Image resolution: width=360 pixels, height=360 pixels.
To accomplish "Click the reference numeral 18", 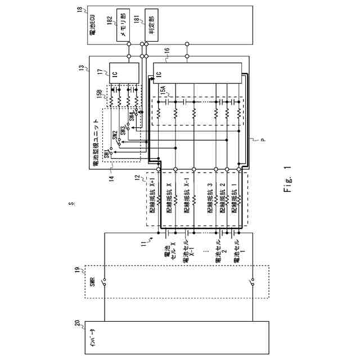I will click(79, 10).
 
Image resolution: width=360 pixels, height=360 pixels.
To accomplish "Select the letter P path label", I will click(261, 145).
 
